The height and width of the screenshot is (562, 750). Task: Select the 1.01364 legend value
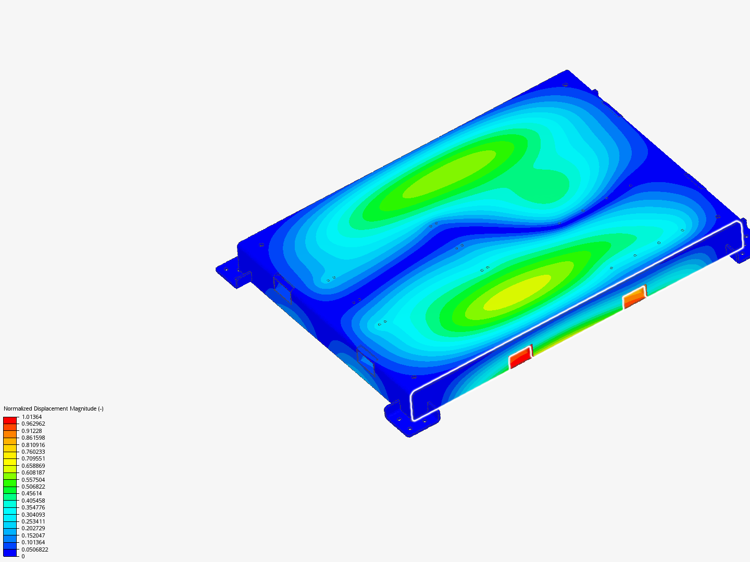click(32, 417)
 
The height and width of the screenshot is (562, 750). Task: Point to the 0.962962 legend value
click(33, 424)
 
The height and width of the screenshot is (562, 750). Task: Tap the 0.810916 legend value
click(33, 445)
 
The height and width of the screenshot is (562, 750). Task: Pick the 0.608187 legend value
click(33, 472)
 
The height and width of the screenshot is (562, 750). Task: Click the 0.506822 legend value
click(33, 487)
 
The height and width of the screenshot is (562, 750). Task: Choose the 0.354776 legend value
click(33, 507)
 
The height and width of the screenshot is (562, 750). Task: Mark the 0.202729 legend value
click(33, 528)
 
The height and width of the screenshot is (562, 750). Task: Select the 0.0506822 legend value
click(35, 550)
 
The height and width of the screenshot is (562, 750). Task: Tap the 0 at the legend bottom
click(23, 556)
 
